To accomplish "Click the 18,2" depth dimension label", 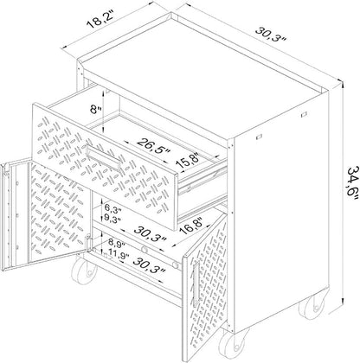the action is click(x=100, y=20).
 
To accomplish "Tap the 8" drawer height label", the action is click(x=95, y=110).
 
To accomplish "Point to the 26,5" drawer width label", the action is click(x=154, y=146).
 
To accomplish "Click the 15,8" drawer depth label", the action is click(x=190, y=162).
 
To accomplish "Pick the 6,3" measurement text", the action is click(x=112, y=207).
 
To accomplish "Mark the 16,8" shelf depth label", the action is click(x=193, y=226).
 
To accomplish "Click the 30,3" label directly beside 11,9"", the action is click(x=150, y=265).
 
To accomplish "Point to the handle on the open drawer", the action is click(x=103, y=157).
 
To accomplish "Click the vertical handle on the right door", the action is click(x=196, y=284).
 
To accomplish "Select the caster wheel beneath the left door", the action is click(x=84, y=271).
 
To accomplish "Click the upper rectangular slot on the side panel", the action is click(x=303, y=115).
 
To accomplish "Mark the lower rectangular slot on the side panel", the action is click(x=259, y=137).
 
